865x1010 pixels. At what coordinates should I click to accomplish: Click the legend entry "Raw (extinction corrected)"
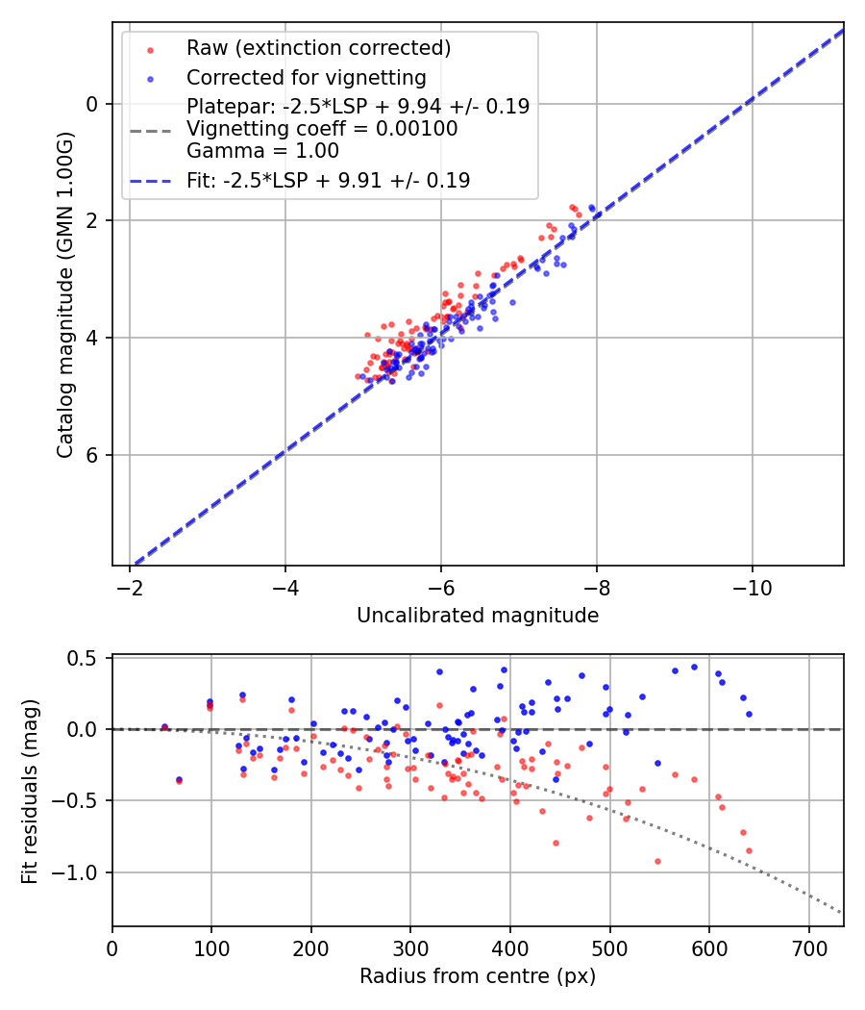coord(318,48)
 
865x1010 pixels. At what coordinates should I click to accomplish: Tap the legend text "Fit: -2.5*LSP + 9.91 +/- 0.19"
coord(328,180)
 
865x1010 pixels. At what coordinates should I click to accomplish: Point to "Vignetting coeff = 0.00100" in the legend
coord(322,129)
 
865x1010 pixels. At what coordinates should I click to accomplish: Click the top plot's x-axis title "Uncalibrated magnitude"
coord(478,616)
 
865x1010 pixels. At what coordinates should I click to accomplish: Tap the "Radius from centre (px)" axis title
coord(478,976)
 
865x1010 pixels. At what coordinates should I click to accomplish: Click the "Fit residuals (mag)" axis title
coord(30,791)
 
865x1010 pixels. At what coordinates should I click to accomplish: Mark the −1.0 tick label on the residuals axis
coord(78,872)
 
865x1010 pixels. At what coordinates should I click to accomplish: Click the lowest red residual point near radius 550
coord(657,861)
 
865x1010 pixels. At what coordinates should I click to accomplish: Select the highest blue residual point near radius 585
coord(694,667)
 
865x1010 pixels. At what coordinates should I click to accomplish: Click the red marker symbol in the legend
coord(150,49)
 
